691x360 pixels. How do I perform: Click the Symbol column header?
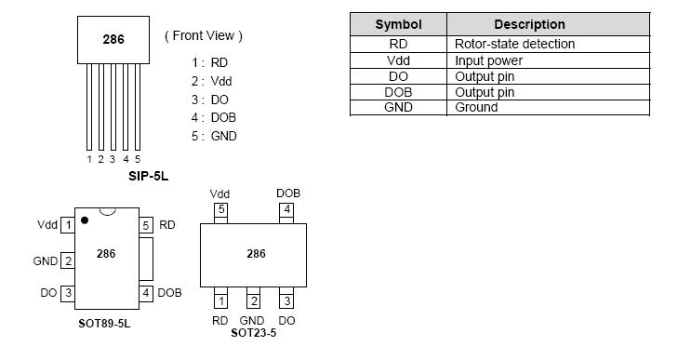tap(398, 24)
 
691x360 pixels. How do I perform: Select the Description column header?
tap(529, 24)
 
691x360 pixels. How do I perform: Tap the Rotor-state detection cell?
tap(514, 44)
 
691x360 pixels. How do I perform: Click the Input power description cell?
tap(488, 60)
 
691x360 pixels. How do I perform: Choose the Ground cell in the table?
tap(476, 107)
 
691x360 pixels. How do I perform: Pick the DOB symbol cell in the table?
tap(398, 92)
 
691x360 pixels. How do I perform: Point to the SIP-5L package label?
tap(148, 174)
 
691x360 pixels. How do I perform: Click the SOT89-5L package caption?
tap(105, 325)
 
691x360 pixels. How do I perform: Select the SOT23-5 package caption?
tap(253, 333)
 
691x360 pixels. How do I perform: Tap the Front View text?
tap(204, 35)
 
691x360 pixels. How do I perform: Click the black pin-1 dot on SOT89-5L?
tap(85, 220)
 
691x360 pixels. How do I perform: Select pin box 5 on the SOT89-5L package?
tap(146, 225)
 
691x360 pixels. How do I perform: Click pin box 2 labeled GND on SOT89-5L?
tap(68, 261)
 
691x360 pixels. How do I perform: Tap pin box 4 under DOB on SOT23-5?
tap(286, 209)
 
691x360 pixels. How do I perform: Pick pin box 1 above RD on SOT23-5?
tap(220, 300)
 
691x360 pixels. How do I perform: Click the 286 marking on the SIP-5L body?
tap(113, 39)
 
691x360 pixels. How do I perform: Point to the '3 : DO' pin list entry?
tap(210, 99)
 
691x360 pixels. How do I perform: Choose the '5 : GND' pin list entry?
tap(214, 136)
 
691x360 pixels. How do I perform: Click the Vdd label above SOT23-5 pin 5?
tap(220, 193)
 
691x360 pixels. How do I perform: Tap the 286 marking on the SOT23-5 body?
tap(256, 253)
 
